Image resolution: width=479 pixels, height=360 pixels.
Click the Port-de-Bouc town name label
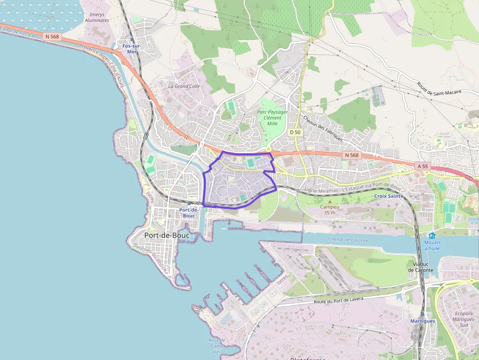click(167, 235)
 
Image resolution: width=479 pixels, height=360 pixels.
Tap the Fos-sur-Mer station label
click(131, 48)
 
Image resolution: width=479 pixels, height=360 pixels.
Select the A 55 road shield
click(423, 166)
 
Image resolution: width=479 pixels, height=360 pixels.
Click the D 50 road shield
click(295, 132)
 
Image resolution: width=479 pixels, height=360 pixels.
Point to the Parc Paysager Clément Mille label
click(272, 118)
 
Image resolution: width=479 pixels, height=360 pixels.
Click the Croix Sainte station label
click(389, 196)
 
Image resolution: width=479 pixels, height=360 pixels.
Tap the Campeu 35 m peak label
click(329, 210)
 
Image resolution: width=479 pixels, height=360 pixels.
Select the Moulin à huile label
click(432, 245)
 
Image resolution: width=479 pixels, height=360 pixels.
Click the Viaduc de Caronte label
click(420, 267)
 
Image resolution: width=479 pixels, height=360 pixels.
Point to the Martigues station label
click(422, 321)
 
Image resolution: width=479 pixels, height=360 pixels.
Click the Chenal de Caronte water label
click(349, 240)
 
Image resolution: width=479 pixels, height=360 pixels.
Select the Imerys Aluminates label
click(97, 18)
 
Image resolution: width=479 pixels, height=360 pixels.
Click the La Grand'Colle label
click(184, 86)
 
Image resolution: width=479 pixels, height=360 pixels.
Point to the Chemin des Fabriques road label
click(323, 128)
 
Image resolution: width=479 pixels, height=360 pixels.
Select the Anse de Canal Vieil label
click(217, 346)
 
